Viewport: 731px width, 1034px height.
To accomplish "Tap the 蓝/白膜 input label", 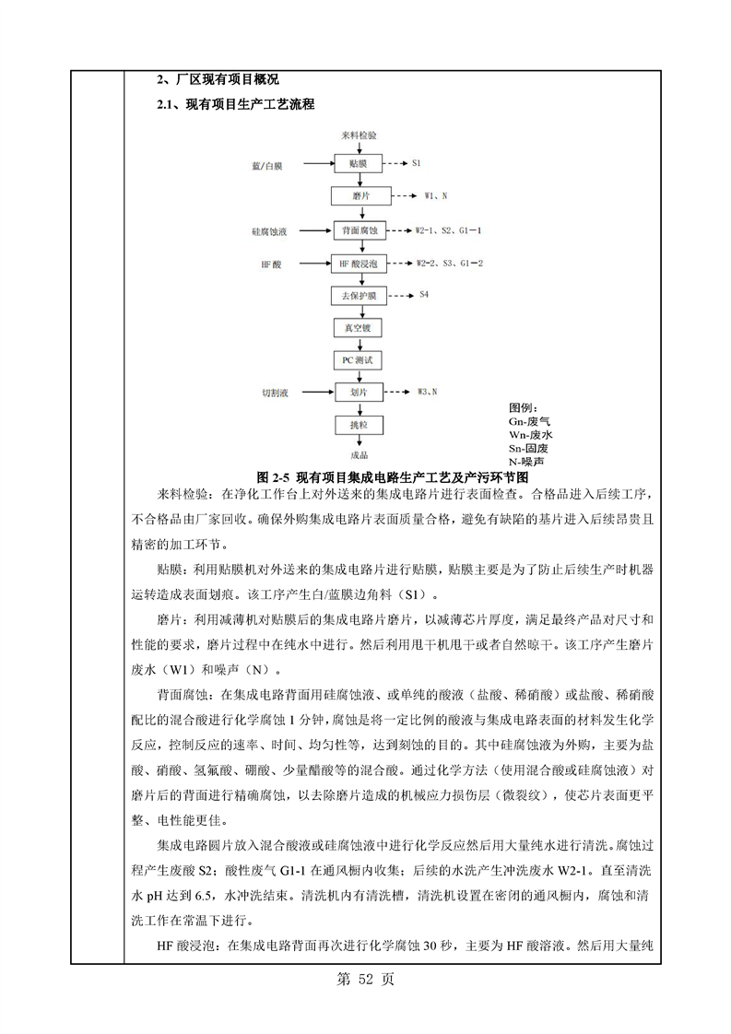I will [267, 166].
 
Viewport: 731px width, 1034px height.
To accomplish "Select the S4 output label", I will [424, 295].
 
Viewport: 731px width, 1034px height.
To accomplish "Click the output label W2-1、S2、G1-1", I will [450, 229].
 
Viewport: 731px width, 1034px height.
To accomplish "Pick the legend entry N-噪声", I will [526, 460].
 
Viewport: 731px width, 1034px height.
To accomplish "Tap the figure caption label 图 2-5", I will [274, 477].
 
